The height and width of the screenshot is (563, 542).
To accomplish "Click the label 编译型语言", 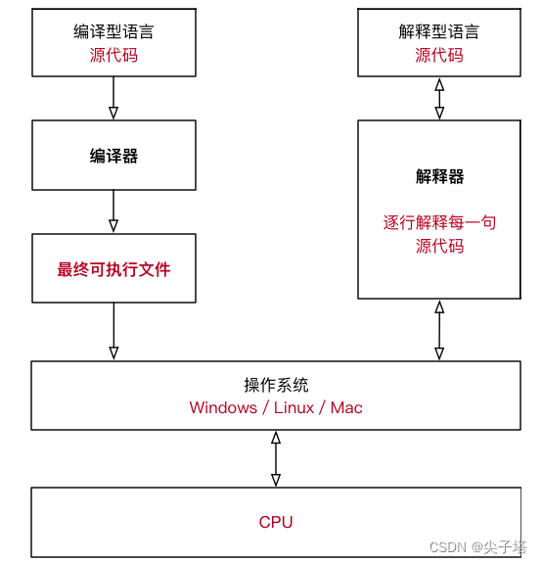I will pyautogui.click(x=113, y=32).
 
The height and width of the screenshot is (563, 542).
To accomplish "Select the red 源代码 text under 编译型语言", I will pyautogui.click(x=113, y=56).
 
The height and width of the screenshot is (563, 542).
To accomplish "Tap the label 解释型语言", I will pyautogui.click(x=439, y=32).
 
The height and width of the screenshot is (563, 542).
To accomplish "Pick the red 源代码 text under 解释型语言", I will pyautogui.click(x=439, y=56).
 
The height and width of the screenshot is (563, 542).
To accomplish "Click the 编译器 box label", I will pyautogui.click(x=113, y=156).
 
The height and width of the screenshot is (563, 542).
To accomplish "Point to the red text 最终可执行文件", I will pyautogui.click(x=113, y=269).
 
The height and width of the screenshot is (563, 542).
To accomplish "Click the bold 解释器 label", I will pyautogui.click(x=439, y=176).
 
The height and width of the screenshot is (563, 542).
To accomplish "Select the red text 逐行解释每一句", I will pyautogui.click(x=439, y=222).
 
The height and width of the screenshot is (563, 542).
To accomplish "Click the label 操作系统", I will pyautogui.click(x=276, y=385).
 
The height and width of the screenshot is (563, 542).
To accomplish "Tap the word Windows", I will pyautogui.click(x=223, y=407).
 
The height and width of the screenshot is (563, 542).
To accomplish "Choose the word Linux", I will pyautogui.click(x=294, y=407).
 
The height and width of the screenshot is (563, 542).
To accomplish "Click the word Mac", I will pyautogui.click(x=346, y=407).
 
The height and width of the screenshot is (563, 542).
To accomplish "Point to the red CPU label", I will pyautogui.click(x=276, y=522).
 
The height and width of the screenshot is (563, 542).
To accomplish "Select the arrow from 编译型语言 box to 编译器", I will pyautogui.click(x=113, y=98).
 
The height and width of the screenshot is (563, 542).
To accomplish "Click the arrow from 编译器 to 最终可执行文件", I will pyautogui.click(x=113, y=211).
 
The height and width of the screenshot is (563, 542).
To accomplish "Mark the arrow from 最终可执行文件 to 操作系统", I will pyautogui.click(x=113, y=331).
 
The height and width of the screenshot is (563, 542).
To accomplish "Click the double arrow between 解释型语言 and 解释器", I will pyautogui.click(x=439, y=98).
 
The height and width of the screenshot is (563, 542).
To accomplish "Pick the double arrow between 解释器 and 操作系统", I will pyautogui.click(x=439, y=330).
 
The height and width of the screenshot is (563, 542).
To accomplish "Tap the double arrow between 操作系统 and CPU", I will pyautogui.click(x=276, y=458).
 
